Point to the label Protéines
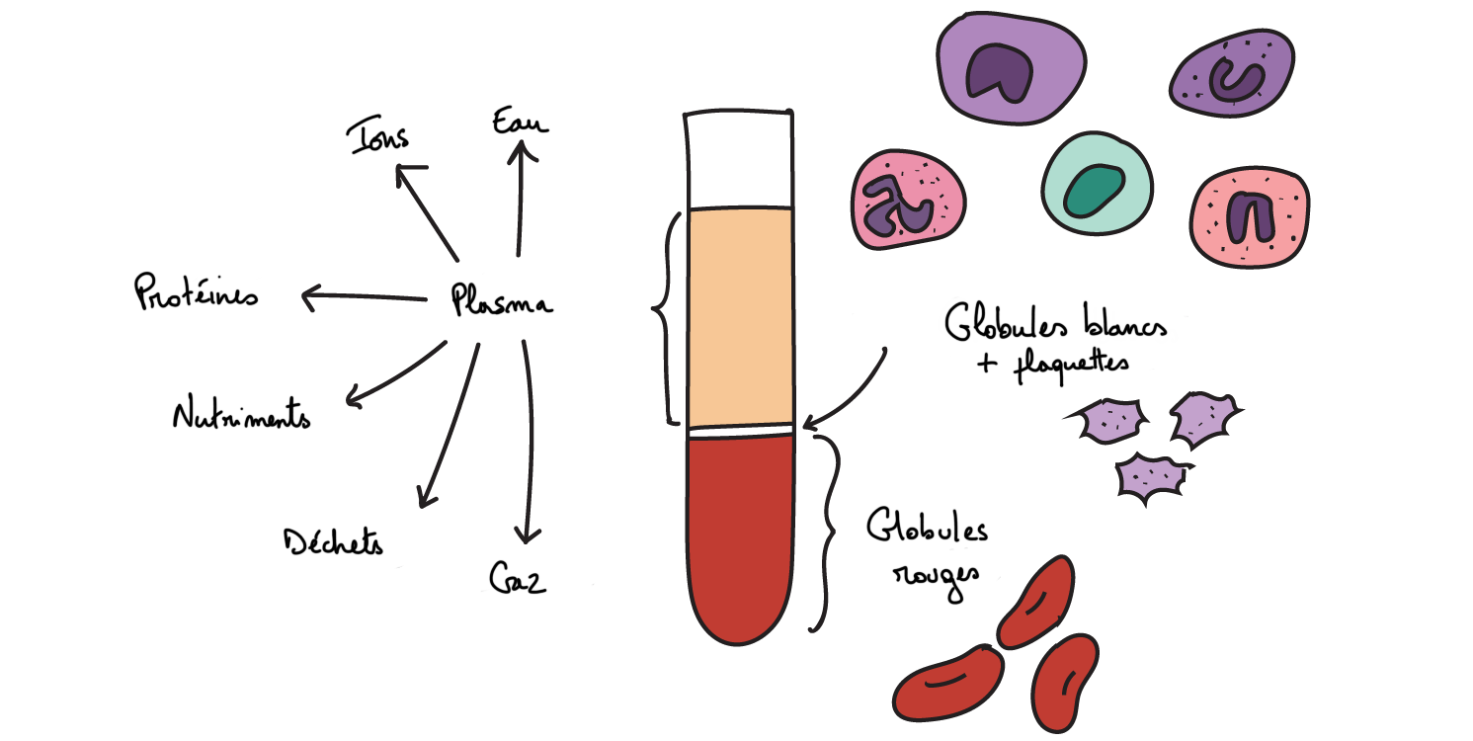tap(196, 293)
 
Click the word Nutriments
tap(241, 415)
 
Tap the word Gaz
tap(518, 578)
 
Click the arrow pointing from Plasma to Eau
tap(521, 198)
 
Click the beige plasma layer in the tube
tap(740, 316)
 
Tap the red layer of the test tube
tap(740, 534)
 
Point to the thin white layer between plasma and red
tap(740, 431)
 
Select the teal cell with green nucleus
tap(1097, 187)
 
